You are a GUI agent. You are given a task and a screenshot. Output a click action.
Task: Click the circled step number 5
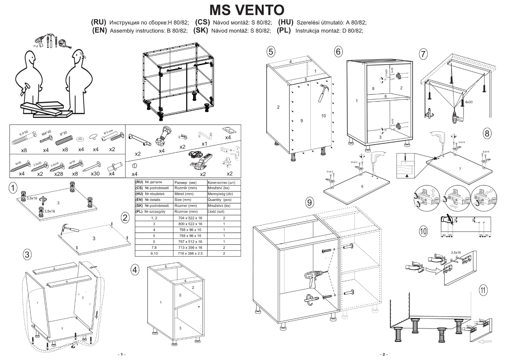click(271, 52)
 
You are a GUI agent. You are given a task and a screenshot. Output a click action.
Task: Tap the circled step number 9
click(310, 202)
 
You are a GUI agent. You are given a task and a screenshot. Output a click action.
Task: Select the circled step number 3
click(27, 254)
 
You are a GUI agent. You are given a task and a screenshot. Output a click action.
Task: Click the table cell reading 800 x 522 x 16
click(190, 224)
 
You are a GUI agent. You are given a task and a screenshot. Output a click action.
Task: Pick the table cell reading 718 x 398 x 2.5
click(190, 253)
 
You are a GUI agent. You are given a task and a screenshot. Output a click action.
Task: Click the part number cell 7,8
click(154, 248)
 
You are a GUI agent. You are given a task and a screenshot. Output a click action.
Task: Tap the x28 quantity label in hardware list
click(59, 174)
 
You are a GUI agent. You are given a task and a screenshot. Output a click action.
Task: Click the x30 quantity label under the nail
click(95, 174)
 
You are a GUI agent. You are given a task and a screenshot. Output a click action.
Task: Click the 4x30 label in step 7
click(469, 102)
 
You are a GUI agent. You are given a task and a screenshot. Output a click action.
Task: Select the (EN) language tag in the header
click(99, 31)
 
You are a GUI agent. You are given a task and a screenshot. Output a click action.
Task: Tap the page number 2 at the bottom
click(383, 355)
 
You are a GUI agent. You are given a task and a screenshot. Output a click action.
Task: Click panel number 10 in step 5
click(324, 116)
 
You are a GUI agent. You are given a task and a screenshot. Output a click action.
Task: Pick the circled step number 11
click(483, 290)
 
